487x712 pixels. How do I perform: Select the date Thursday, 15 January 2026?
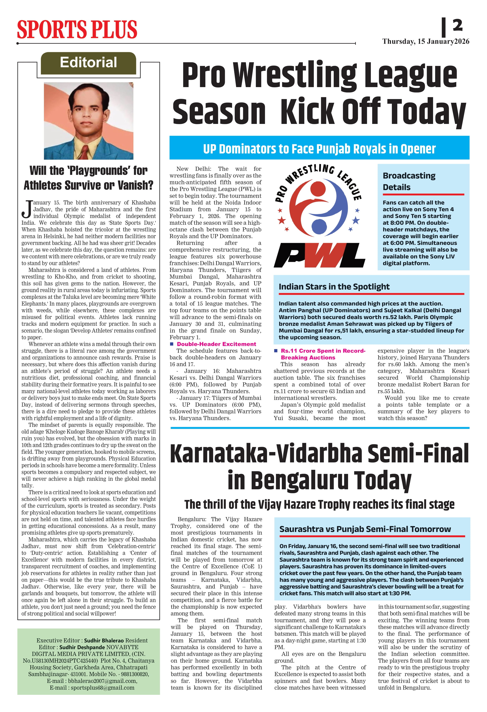[x=426, y=42]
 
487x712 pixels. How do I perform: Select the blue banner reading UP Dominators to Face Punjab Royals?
[x=319, y=149]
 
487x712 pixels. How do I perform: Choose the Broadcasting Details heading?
[x=409, y=181]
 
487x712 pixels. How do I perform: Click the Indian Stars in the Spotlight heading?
[x=334, y=286]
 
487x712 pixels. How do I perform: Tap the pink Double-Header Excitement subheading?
[x=216, y=344]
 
